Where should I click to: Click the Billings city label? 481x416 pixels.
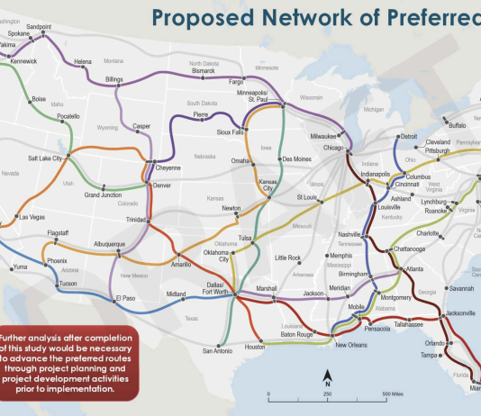click(x=113, y=79)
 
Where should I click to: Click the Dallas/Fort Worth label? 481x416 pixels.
click(x=221, y=288)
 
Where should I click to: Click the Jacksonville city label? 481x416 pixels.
click(x=459, y=313)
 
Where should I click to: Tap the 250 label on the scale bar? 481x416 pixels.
click(x=327, y=394)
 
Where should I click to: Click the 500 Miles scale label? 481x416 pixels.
click(x=397, y=394)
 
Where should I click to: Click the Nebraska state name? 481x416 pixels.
click(x=206, y=155)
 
